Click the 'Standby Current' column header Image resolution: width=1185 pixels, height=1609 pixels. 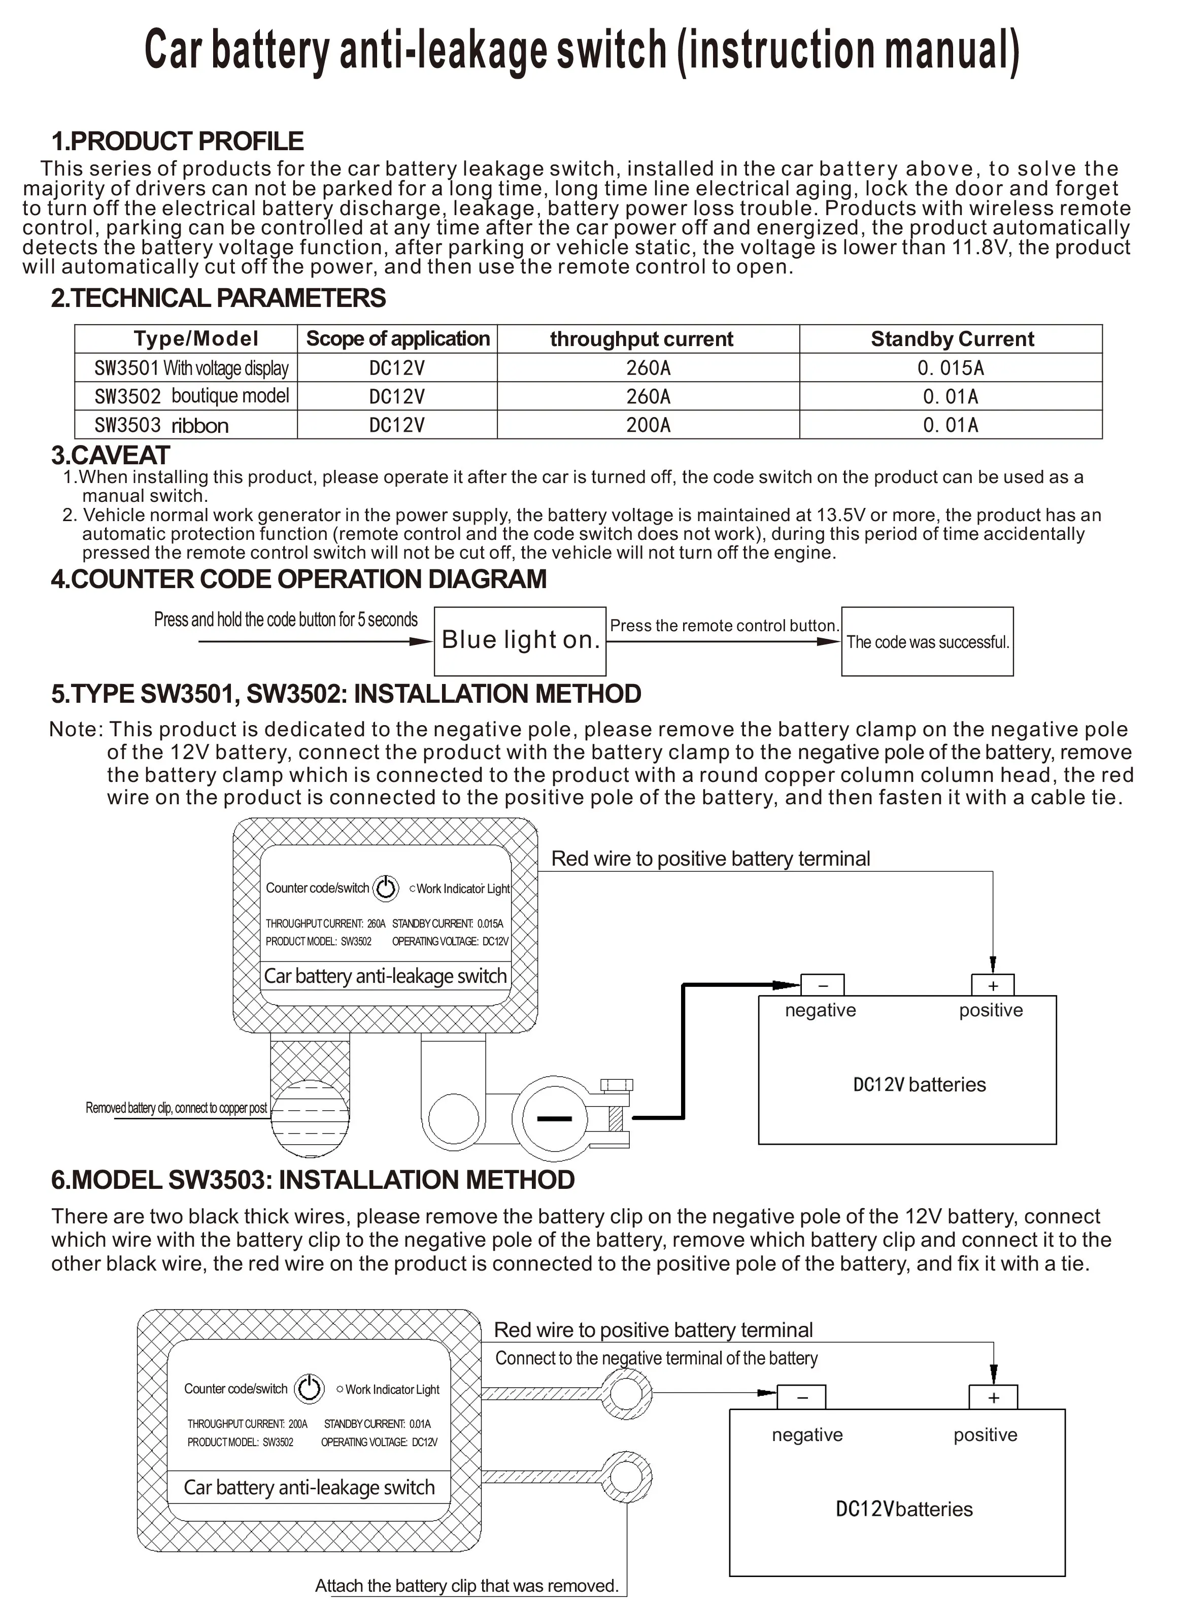pyautogui.click(x=952, y=339)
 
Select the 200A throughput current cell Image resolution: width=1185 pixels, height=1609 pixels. pyautogui.click(x=648, y=425)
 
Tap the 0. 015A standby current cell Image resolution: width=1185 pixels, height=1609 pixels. pyautogui.click(x=951, y=368)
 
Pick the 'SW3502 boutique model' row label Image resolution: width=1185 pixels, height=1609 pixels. pyautogui.click(x=191, y=396)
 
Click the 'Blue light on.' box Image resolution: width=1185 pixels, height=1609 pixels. pyautogui.click(x=520, y=640)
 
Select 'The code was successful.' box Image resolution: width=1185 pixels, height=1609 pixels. pyautogui.click(x=927, y=642)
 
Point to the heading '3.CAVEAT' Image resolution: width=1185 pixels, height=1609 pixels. pyautogui.click(x=111, y=455)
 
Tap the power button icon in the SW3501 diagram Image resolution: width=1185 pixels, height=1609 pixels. pyautogui.click(x=386, y=887)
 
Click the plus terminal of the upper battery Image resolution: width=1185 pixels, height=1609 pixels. pyautogui.click(x=993, y=985)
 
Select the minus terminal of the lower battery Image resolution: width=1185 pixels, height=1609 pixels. pyautogui.click(x=802, y=1397)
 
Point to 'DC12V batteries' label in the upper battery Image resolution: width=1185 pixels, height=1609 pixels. pyautogui.click(x=919, y=1085)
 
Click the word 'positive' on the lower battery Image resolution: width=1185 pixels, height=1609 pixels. pyautogui.click(x=985, y=1435)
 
